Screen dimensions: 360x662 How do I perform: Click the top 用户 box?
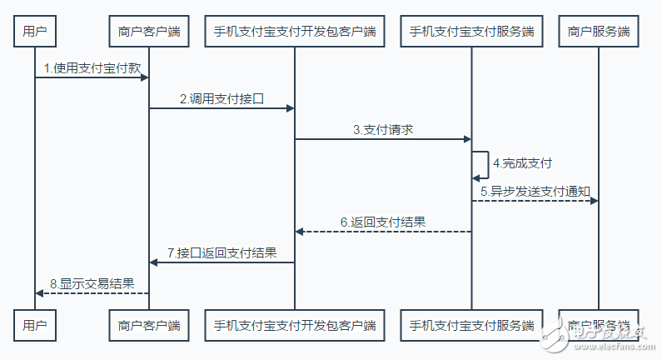pyautogui.click(x=35, y=32)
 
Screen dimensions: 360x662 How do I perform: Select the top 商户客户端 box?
pyautogui.click(x=149, y=32)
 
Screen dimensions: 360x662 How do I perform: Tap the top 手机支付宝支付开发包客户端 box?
pyautogui.click(x=295, y=32)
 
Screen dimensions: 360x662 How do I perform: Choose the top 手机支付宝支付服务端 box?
pyautogui.click(x=471, y=32)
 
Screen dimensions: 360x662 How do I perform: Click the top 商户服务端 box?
pyautogui.click(x=598, y=32)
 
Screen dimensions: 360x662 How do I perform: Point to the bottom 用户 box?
pyautogui.click(x=35, y=324)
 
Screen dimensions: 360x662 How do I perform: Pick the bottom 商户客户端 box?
pyautogui.click(x=149, y=324)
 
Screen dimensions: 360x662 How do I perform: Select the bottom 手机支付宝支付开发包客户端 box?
pyautogui.click(x=295, y=324)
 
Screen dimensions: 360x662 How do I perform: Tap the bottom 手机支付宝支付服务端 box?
pyautogui.click(x=471, y=324)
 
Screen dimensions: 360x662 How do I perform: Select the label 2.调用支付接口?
pyautogui.click(x=221, y=98)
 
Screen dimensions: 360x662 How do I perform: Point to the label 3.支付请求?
pyautogui.click(x=383, y=129)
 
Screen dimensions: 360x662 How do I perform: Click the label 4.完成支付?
pyautogui.click(x=522, y=162)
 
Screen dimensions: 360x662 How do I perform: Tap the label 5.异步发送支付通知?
pyautogui.click(x=535, y=191)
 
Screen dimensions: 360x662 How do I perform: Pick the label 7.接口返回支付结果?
pyautogui.click(x=221, y=252)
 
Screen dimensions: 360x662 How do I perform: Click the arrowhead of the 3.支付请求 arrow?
pyautogui.click(x=467, y=139)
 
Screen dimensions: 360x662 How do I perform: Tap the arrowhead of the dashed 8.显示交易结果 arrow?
pyautogui.click(x=40, y=292)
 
